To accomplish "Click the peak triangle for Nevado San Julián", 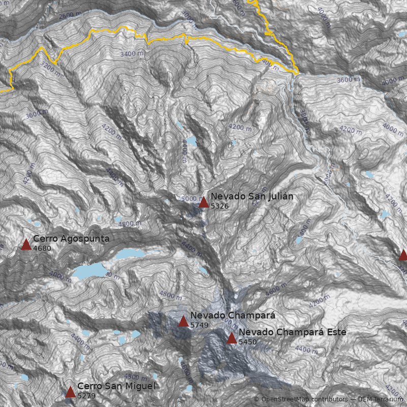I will click(x=203, y=202).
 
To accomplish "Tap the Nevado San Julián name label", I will click(x=252, y=196).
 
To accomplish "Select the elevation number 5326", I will click(x=220, y=206).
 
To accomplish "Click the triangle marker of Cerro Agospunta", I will click(x=26, y=245).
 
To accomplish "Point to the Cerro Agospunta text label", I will click(x=71, y=239).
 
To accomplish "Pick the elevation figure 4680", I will click(x=42, y=248).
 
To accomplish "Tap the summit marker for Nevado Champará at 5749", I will click(x=183, y=322).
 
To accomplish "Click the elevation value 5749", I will click(x=199, y=325).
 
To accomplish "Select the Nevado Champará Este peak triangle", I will click(x=231, y=338).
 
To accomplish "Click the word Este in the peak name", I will click(x=336, y=332).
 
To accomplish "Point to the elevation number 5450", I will click(x=248, y=342).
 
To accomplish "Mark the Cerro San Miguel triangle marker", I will click(x=70, y=392).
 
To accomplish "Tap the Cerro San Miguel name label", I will click(x=116, y=386).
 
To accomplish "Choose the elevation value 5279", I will click(x=86, y=396).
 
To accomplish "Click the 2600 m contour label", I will click(x=69, y=16).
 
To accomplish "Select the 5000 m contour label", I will click(x=191, y=199).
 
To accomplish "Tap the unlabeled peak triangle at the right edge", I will click(x=403, y=255).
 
